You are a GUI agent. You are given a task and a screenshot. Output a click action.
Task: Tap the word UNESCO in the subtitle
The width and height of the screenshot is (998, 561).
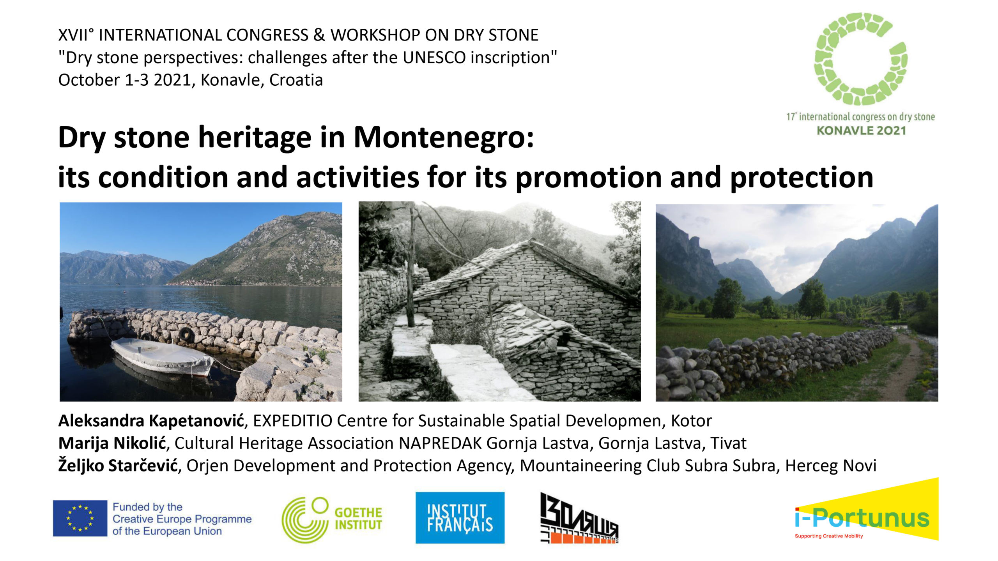point(434,57)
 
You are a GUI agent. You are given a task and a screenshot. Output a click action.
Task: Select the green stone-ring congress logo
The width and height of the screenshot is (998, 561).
point(860,58)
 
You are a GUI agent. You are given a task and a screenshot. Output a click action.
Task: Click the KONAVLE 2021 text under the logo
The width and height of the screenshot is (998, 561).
point(861,131)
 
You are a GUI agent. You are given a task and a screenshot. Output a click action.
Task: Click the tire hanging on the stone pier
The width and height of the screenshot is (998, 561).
point(187,334)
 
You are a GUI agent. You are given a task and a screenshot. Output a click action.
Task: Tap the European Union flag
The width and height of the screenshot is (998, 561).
point(80,518)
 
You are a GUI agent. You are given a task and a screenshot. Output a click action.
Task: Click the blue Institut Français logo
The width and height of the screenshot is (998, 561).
point(460,518)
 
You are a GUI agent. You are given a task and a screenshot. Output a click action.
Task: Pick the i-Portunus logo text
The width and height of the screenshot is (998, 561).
point(862,518)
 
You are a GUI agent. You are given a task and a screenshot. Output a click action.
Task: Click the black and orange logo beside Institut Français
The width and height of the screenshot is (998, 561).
point(579,518)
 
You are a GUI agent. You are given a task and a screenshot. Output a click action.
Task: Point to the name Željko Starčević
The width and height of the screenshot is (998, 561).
point(118,465)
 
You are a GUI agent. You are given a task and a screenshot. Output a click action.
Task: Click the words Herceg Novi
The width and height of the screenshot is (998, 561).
point(831,466)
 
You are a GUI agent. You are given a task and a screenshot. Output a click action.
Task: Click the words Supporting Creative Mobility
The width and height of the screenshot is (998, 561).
point(829,536)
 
